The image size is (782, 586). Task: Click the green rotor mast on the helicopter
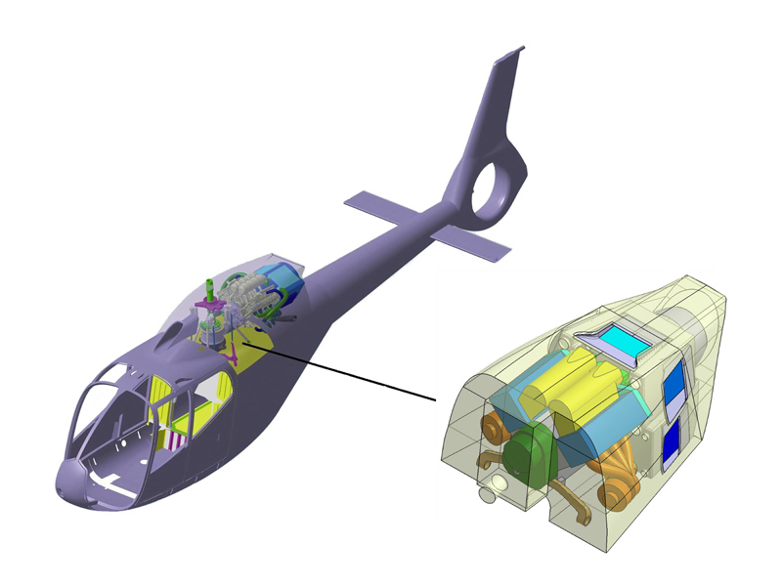pyautogui.click(x=209, y=291)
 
